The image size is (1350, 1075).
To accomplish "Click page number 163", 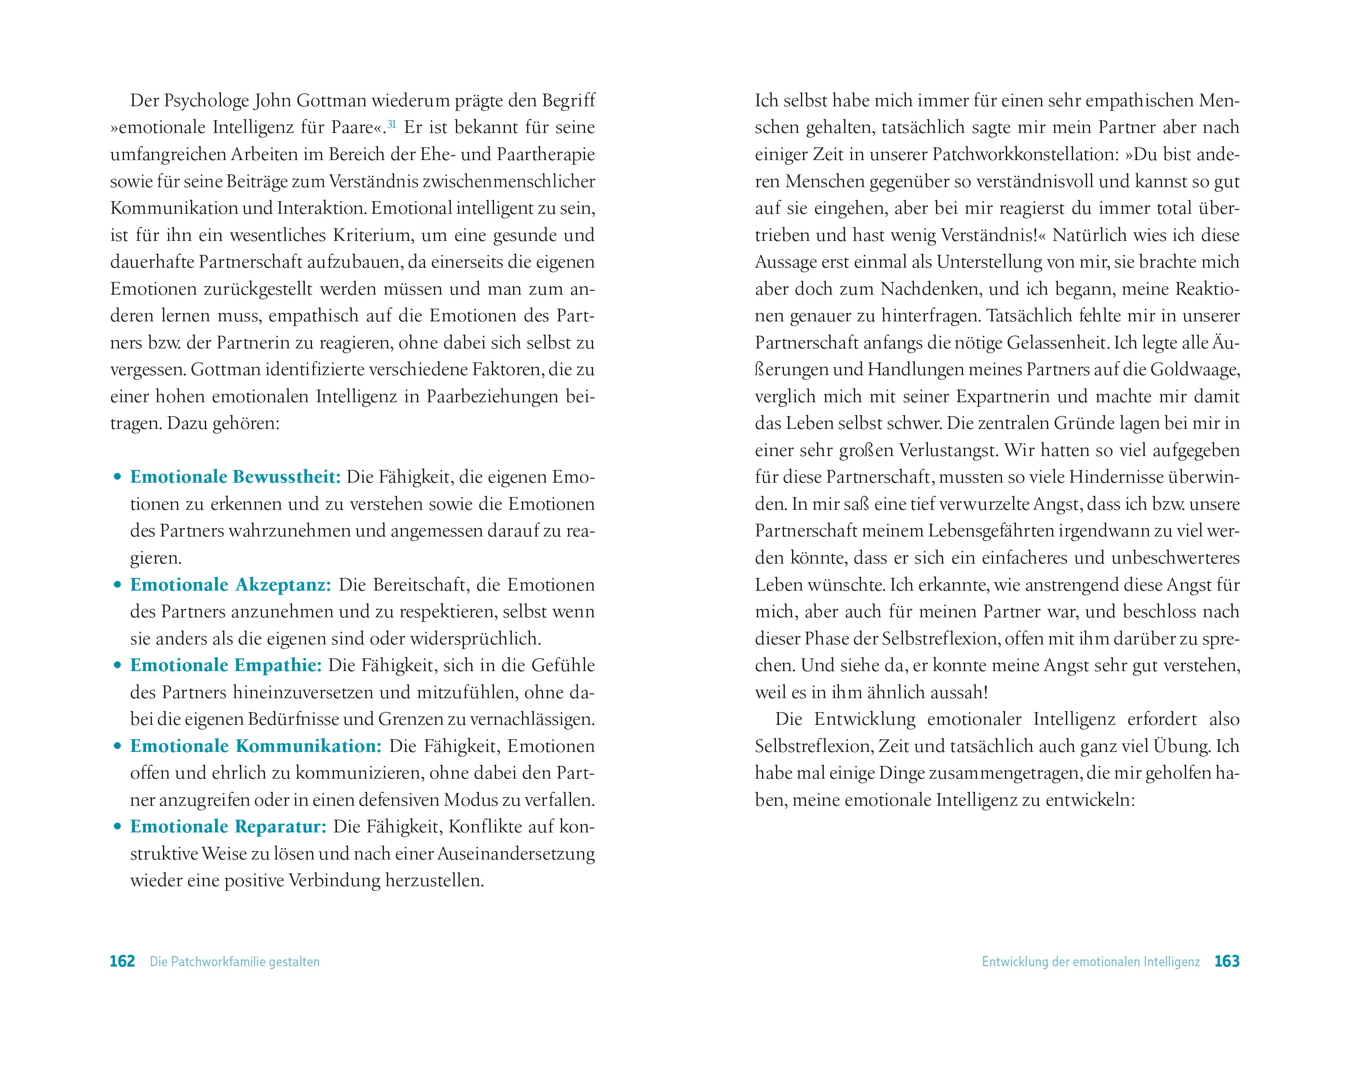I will (1227, 961).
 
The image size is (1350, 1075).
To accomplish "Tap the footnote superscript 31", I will (391, 124).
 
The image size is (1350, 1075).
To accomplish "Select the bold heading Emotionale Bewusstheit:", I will (235, 477).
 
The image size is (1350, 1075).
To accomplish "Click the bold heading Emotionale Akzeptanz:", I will (230, 585).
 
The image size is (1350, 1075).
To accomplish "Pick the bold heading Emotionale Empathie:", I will (226, 665).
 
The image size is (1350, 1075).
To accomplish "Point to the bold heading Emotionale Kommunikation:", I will (255, 746).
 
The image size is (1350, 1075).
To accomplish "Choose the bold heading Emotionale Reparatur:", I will (229, 826).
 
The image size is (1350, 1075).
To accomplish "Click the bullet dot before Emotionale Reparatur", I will (117, 827).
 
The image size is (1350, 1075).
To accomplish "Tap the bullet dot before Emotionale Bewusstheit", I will (117, 478).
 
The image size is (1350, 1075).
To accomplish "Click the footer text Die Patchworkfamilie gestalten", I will (235, 962).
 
